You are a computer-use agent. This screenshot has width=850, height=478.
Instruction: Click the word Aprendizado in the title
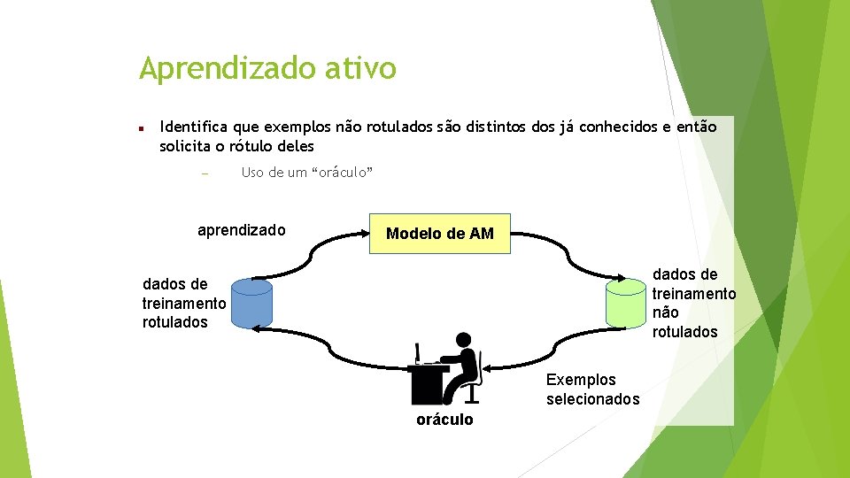[x=227, y=68]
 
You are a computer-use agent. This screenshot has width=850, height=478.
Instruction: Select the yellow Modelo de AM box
[x=439, y=234]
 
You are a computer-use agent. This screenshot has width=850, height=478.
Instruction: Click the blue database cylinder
[x=251, y=304]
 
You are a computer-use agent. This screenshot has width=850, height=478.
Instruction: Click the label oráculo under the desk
[x=444, y=420]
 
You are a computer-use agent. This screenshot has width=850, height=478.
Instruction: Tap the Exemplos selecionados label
[x=592, y=389]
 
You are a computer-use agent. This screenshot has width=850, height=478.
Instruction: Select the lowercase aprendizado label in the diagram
[x=241, y=230]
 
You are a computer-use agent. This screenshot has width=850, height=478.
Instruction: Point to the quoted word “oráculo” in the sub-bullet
[x=341, y=173]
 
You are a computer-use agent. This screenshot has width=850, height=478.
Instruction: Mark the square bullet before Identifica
[x=141, y=128]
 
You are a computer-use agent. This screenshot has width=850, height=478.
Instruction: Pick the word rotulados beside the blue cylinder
[x=175, y=322]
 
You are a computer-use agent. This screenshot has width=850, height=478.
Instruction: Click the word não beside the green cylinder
[x=665, y=312]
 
